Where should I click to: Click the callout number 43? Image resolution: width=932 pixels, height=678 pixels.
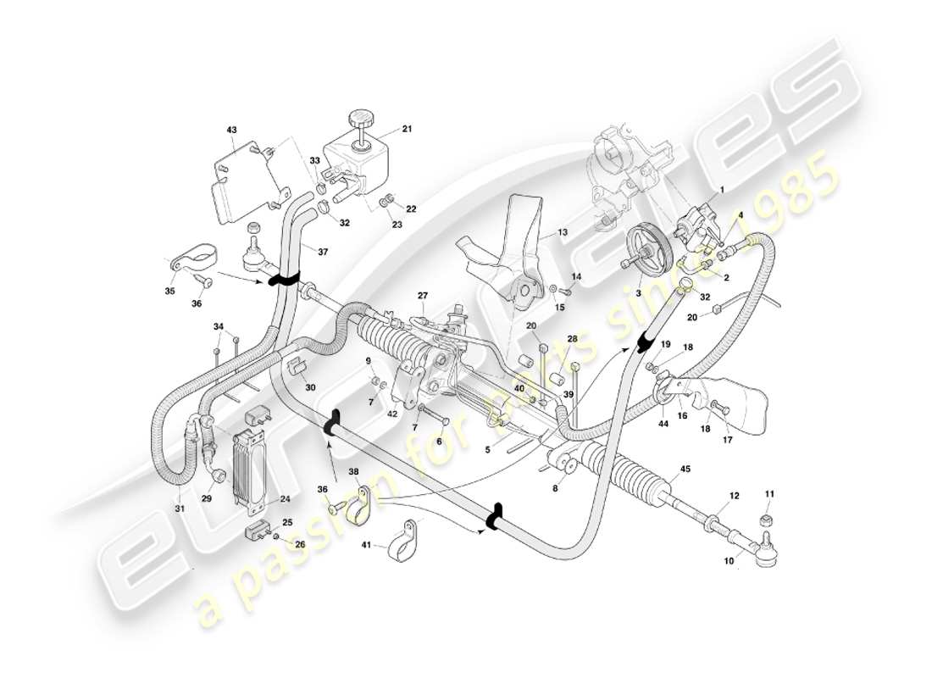pyautogui.click(x=231, y=130)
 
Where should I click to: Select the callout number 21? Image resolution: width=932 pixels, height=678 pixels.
pyautogui.click(x=406, y=130)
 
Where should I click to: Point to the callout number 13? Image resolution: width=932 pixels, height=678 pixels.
pyautogui.click(x=561, y=231)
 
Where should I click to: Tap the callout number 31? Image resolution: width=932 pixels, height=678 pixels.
pyautogui.click(x=179, y=508)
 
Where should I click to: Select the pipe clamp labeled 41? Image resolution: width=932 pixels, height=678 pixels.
pyautogui.click(x=401, y=542)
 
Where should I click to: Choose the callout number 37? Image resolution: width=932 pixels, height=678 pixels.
pyautogui.click(x=322, y=252)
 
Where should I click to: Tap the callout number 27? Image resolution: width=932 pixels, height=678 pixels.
pyautogui.click(x=423, y=296)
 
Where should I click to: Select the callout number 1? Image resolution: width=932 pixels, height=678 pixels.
pyautogui.click(x=722, y=191)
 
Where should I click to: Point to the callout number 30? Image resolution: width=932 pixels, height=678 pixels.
pyautogui.click(x=310, y=387)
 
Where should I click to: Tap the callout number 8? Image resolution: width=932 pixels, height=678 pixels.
pyautogui.click(x=556, y=488)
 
